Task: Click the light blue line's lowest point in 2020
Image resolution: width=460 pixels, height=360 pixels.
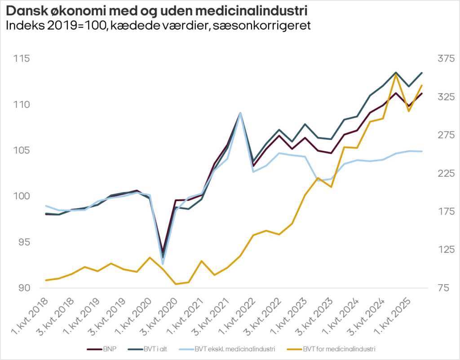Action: coord(163,264)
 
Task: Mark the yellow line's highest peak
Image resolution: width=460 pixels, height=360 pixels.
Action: coord(396,74)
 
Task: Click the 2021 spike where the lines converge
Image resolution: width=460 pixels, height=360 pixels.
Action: coord(240,113)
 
